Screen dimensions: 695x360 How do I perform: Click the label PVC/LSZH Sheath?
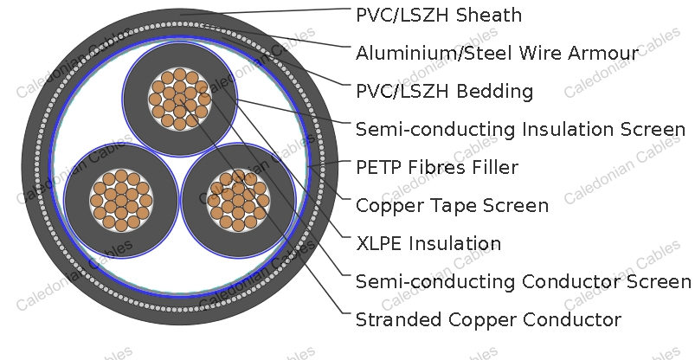[x=439, y=15]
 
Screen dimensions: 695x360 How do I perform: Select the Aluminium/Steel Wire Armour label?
[x=497, y=53]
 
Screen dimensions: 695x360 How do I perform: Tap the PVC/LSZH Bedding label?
[x=444, y=92]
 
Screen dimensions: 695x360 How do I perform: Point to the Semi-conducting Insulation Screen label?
[x=521, y=130]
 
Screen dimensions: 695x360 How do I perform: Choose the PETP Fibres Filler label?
[x=437, y=168]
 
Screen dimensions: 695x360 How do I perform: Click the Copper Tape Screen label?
[x=452, y=206]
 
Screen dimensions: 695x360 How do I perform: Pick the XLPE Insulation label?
[x=428, y=244]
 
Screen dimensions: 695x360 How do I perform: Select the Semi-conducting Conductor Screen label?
[x=523, y=282]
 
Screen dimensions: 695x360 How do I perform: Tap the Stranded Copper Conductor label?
[x=488, y=320]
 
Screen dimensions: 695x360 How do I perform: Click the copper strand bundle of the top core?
[x=179, y=99]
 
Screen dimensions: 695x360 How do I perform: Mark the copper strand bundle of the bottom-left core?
[x=121, y=201]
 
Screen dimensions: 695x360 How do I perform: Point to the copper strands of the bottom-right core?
[x=238, y=201]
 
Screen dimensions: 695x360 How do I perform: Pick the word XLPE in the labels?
[x=379, y=244]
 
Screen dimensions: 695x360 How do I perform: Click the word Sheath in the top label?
[x=489, y=15]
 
